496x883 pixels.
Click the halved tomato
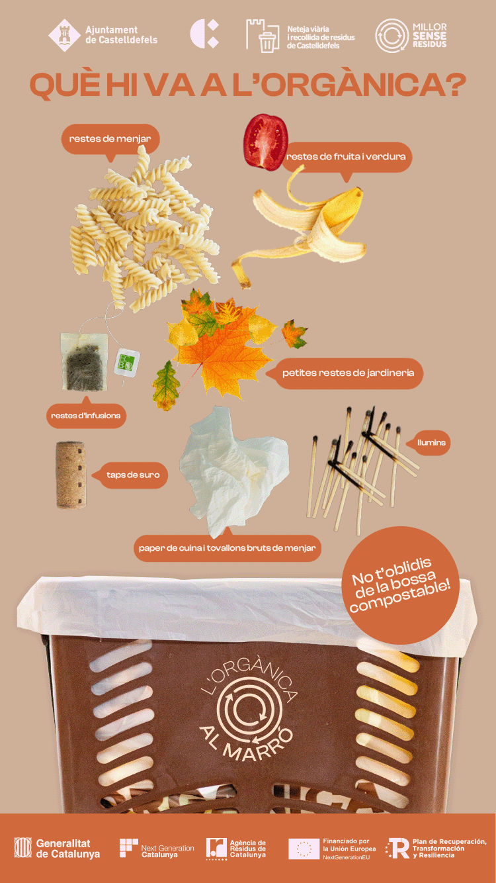point(266,142)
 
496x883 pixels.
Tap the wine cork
point(71,475)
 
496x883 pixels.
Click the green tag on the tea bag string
point(126,362)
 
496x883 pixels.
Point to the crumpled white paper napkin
point(232,471)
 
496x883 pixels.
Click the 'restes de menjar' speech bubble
point(110,139)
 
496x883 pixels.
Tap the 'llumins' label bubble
point(431,443)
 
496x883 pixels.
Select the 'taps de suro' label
point(131,475)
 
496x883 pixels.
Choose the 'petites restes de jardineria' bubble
point(345,373)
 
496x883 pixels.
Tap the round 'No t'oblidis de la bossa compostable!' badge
point(400,586)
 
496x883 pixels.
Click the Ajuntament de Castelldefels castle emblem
point(65,36)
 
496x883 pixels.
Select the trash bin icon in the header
point(267,42)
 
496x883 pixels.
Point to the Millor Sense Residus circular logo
point(392,36)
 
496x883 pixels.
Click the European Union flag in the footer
point(304,849)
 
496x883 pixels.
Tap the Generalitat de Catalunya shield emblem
point(23,847)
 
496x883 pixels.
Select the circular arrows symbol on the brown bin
point(249,710)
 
